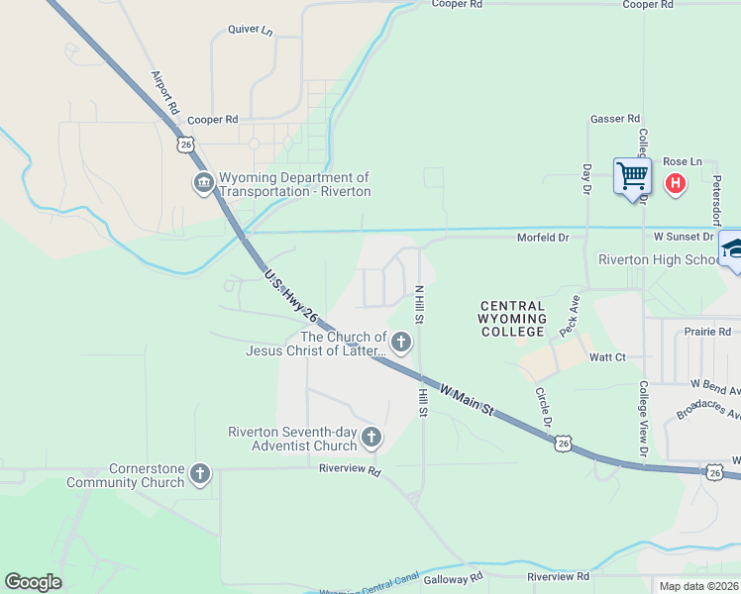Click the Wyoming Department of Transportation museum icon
[x=203, y=183]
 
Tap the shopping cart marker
[x=631, y=177]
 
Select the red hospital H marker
[x=676, y=183]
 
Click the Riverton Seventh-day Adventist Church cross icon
[x=371, y=437]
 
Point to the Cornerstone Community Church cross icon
[x=200, y=474]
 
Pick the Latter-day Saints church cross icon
[x=401, y=343]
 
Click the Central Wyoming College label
[x=511, y=319]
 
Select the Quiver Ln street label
[x=250, y=30]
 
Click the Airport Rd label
[x=165, y=91]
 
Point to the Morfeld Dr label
[x=543, y=238]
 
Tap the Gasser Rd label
[x=615, y=119]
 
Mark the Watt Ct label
[x=607, y=356]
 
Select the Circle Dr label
[x=543, y=407]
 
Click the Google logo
[x=33, y=582]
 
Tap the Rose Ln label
[x=682, y=161]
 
